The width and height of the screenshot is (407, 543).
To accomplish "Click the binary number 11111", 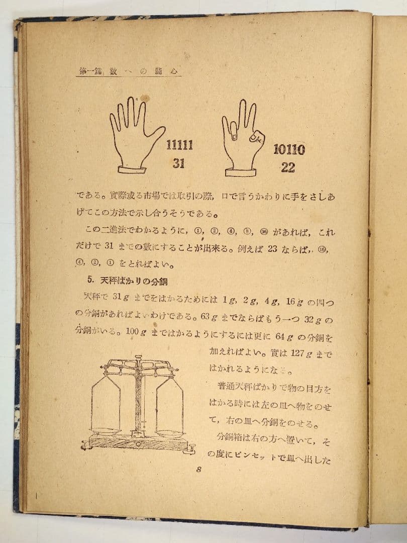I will click(180, 146).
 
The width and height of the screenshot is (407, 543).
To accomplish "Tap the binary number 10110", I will click(289, 149).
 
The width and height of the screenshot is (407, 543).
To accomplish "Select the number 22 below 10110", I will click(288, 168).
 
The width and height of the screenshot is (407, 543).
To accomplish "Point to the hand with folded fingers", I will click(242, 136).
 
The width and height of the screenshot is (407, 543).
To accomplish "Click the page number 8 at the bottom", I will click(199, 470).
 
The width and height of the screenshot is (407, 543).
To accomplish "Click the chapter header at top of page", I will click(130, 71).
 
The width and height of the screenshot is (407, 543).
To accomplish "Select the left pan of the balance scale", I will click(106, 431).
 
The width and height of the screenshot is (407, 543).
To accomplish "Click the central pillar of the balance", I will click(138, 397).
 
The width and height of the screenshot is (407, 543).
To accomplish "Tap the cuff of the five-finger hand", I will click(132, 169).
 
